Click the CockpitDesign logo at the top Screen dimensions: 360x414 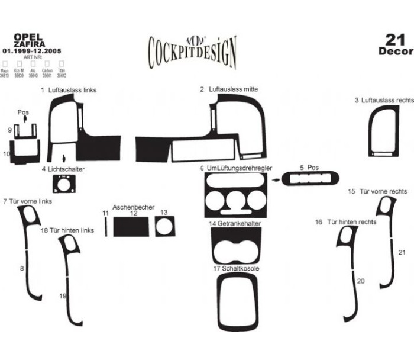point(192,51)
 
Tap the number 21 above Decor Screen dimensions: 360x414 point(394,40)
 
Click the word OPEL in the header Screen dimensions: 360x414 point(26,37)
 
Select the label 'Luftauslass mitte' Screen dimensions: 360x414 point(233,89)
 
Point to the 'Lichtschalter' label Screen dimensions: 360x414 point(66,169)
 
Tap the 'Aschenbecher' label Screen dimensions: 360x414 point(133,207)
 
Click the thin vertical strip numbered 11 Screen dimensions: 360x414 point(106,226)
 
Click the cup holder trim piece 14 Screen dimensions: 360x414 point(237,244)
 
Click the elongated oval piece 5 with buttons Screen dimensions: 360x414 point(311,178)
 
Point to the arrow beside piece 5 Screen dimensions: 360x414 point(276,177)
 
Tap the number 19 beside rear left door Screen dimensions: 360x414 point(62,295)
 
